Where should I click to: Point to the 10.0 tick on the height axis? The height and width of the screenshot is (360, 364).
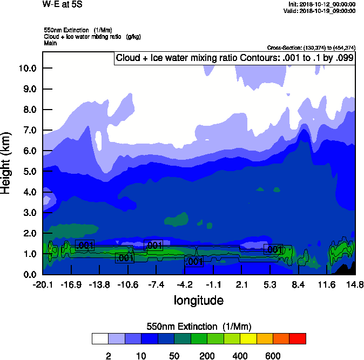[28, 69]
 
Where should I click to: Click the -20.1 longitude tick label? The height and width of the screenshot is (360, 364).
[42, 284]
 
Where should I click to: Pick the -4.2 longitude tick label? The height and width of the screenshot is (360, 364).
[185, 284]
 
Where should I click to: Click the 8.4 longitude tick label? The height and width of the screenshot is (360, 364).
[299, 284]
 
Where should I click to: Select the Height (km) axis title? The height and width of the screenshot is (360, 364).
[7, 162]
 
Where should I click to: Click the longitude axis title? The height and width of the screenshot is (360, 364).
[198, 300]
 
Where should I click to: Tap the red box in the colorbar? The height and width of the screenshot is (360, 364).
[298, 338]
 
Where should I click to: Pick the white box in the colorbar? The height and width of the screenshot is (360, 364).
[100, 338]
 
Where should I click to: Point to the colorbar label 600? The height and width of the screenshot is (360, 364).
[273, 356]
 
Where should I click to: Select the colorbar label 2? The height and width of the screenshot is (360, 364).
[108, 356]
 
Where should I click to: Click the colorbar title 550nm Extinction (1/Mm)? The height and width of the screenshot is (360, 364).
[199, 327]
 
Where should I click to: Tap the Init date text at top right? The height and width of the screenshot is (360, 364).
[322, 4]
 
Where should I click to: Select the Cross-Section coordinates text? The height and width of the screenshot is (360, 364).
[312, 47]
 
